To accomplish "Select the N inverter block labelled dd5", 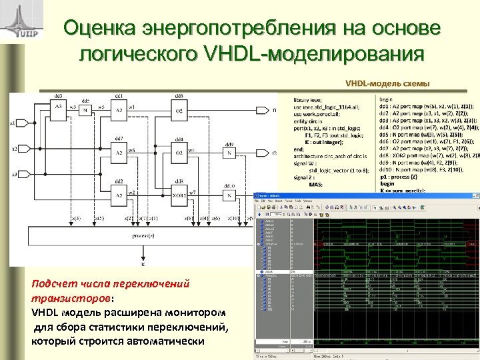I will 85,111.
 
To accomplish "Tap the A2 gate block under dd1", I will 119,110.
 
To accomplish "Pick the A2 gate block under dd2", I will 118,195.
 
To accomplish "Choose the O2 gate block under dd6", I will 179,111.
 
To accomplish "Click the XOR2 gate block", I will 179,195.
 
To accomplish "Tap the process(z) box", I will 142,236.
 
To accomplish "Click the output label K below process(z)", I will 142,264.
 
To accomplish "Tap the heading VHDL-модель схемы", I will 387,83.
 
